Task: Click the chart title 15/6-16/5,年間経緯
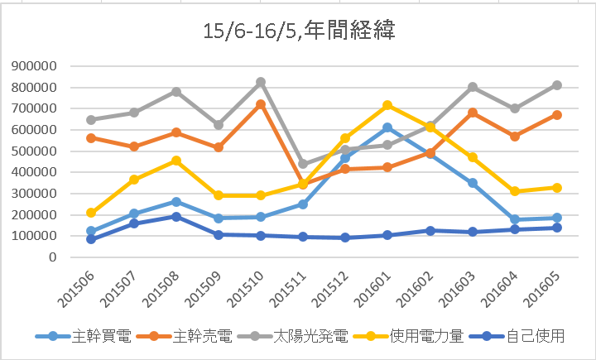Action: tap(298, 31)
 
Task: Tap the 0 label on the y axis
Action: tap(51, 257)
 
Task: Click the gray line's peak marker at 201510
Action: tap(261, 82)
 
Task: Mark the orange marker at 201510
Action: tap(261, 104)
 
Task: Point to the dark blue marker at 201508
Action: tap(175, 217)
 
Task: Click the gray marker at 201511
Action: tap(304, 164)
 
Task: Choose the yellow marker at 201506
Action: tap(90, 213)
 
